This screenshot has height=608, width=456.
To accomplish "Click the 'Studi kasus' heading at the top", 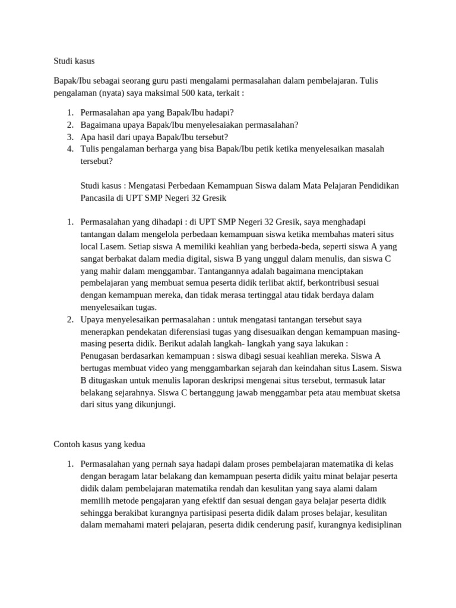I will tap(74, 61).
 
